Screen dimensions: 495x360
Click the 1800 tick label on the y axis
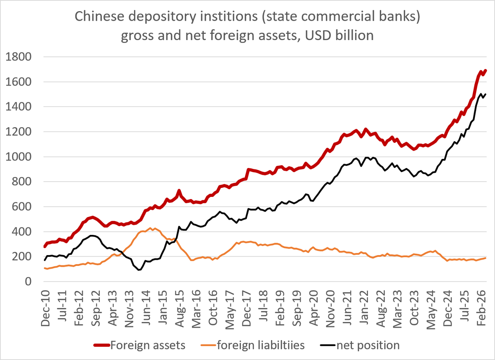(18, 57)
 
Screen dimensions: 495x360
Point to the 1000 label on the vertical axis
(18, 157)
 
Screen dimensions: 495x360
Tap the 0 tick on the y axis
(28, 282)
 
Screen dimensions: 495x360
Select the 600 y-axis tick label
(21, 207)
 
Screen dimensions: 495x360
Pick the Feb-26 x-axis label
(481, 308)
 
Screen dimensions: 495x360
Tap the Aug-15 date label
(180, 309)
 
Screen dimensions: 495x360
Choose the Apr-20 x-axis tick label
(314, 309)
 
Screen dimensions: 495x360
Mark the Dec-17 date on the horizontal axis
(247, 309)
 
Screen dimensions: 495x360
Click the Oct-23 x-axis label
(414, 308)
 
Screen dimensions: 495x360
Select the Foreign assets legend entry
(139, 345)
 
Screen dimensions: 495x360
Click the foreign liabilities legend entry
(252, 345)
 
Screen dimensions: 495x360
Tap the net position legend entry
(360, 345)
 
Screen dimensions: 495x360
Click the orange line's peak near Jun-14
(150, 228)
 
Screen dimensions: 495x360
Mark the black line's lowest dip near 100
(139, 270)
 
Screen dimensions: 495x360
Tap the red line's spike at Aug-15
(179, 190)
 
